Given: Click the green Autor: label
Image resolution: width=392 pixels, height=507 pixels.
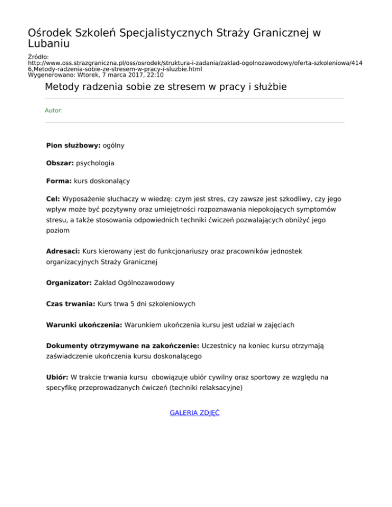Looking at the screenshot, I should click(x=54, y=110).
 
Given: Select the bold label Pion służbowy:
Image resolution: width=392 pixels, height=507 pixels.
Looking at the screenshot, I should click(x=73, y=145).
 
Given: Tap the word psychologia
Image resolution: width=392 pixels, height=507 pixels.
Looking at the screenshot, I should click(x=95, y=163).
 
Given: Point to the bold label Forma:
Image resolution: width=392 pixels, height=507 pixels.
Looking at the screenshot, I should click(x=59, y=181).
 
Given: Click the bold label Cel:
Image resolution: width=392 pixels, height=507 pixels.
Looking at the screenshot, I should click(x=53, y=199).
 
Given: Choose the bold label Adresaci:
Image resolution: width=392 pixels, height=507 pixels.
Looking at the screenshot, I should click(x=63, y=251).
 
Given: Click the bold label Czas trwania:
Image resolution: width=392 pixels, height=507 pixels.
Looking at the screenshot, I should click(x=70, y=304).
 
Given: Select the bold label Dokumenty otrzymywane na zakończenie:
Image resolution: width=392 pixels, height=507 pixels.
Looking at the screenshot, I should click(x=123, y=346).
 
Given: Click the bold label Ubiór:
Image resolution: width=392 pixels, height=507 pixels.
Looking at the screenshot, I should click(x=58, y=378).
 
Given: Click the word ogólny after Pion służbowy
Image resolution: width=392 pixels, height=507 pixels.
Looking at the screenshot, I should click(x=114, y=145).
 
